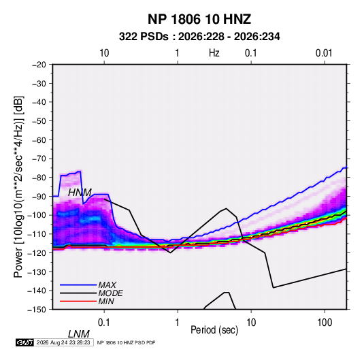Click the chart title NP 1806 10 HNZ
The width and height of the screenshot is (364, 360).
tap(199, 19)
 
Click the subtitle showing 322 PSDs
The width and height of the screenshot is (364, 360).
tap(199, 37)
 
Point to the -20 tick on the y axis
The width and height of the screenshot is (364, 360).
tap(39, 65)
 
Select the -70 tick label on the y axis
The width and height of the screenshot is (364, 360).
tap(39, 159)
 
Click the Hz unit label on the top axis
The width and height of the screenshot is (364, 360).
tap(214, 53)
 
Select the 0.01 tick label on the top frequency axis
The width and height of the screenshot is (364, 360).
tap(324, 53)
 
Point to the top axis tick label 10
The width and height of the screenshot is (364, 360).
tap(104, 53)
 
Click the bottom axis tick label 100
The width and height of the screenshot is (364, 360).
tap(325, 323)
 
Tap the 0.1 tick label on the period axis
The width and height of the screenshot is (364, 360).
tap(104, 323)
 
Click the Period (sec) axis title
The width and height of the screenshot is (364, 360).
tap(214, 330)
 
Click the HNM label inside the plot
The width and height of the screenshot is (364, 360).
tap(80, 193)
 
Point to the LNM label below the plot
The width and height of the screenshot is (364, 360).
tap(78, 334)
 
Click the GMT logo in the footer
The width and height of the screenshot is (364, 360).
tap(25, 342)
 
